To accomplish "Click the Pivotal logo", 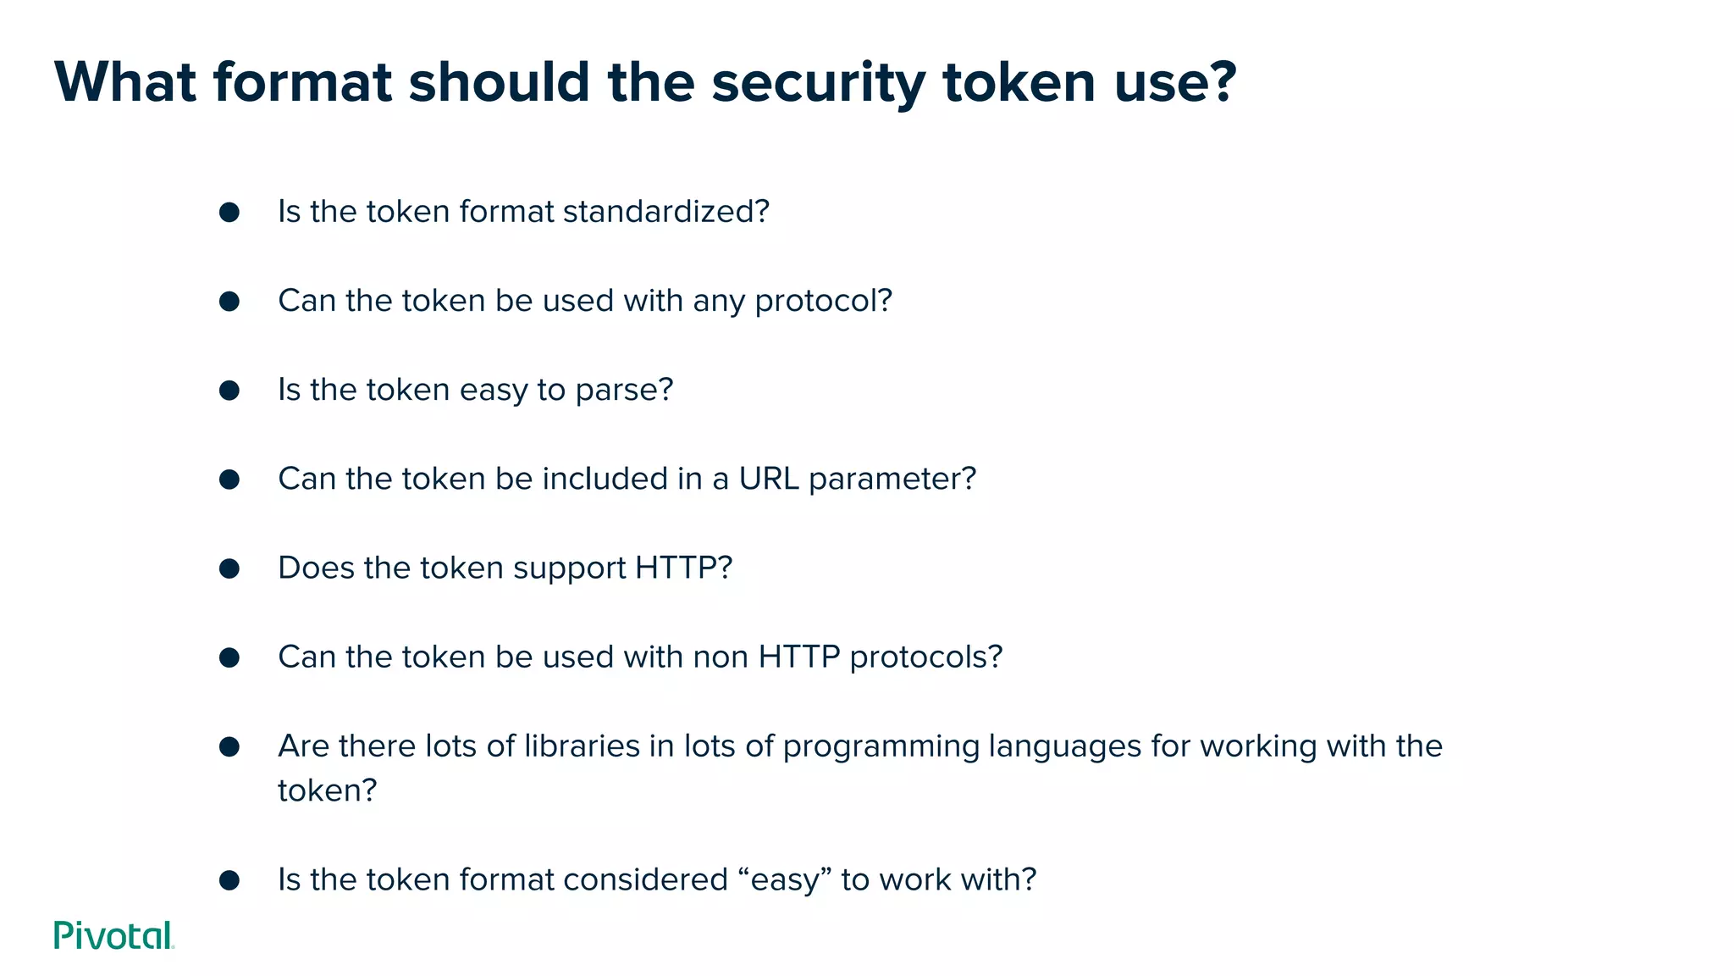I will point(113,935).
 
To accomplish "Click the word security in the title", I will point(818,83).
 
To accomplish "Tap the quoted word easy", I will point(787,880).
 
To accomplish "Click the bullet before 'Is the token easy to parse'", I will point(229,391).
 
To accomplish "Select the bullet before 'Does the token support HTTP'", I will point(229,568).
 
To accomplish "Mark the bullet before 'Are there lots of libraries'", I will point(229,746).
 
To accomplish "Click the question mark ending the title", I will point(1218,83).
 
